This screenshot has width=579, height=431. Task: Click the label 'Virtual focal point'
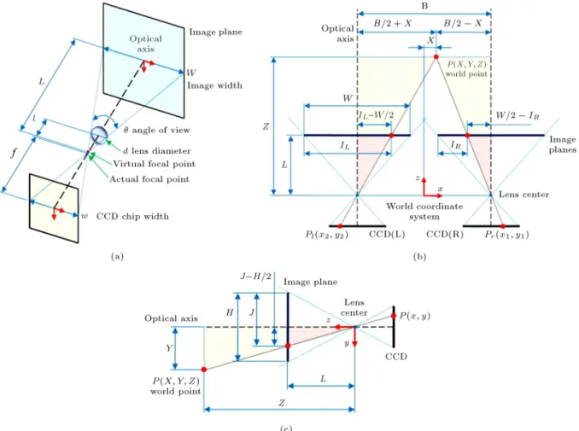tap(154, 164)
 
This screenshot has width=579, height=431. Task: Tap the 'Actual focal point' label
tap(149, 179)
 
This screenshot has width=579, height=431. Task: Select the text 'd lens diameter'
tap(157, 150)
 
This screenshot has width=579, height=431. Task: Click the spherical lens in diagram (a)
tap(98, 134)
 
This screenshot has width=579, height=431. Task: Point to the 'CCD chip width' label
tap(132, 216)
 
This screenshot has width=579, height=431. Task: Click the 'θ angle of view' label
tap(156, 130)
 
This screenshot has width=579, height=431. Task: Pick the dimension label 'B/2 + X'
tap(393, 23)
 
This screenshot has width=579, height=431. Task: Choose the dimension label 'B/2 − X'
tap(463, 23)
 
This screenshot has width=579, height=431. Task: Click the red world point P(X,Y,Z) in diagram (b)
tap(436, 57)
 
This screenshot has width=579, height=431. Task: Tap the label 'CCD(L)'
tap(387, 235)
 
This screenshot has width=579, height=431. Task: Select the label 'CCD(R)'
tap(445, 235)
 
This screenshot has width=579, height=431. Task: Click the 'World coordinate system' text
tap(424, 211)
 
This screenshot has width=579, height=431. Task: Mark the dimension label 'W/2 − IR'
tap(518, 115)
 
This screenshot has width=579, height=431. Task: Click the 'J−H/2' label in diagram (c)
tap(256, 276)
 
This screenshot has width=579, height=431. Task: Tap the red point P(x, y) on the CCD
tap(394, 316)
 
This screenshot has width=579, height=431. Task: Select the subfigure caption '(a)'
tap(117, 256)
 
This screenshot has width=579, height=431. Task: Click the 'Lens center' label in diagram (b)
tap(523, 195)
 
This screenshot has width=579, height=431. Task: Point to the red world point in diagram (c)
tap(204, 370)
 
